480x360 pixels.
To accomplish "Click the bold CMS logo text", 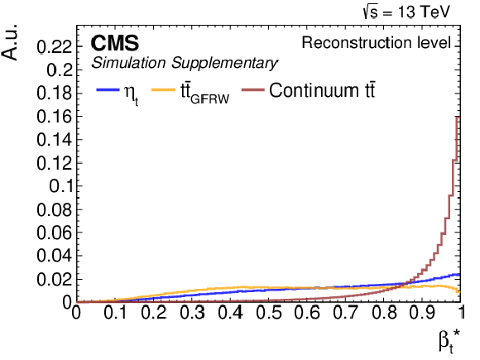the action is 115,42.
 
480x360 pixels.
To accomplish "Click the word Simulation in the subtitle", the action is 128,63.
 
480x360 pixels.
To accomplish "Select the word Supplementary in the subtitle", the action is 224,64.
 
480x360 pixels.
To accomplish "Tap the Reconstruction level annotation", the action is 377,42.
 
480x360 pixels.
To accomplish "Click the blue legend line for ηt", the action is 108,89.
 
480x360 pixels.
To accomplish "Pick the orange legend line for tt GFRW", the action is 163,89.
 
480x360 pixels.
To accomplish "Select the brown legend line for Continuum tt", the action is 253,89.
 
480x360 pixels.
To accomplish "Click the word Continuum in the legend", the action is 314,90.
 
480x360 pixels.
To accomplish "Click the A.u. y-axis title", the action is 9,42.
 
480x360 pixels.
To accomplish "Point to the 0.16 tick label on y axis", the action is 55,117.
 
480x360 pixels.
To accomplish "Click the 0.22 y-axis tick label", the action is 55,47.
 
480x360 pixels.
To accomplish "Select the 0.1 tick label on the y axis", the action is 61,186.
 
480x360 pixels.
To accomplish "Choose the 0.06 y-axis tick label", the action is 55,233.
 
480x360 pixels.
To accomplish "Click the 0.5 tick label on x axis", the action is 268,313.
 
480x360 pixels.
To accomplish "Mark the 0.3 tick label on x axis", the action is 192,313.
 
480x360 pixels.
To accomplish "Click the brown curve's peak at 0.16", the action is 458,117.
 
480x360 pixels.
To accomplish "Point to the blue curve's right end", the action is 460,275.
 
